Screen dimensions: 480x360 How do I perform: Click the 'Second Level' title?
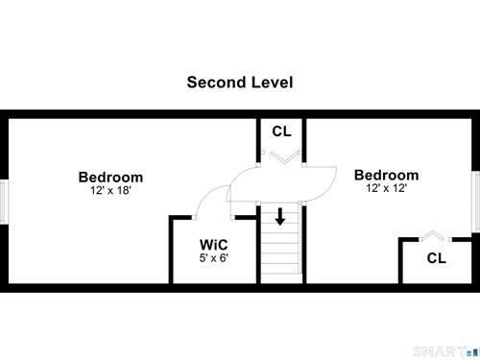click(x=240, y=83)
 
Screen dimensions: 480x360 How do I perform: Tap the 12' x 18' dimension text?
click(x=110, y=190)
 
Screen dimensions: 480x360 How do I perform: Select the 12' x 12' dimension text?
click(x=387, y=188)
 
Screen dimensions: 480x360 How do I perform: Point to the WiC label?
click(x=213, y=245)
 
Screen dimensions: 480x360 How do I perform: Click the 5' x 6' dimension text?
click(x=213, y=257)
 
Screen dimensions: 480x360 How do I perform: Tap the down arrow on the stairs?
click(x=280, y=217)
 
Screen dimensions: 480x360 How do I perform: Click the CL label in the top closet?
click(x=281, y=132)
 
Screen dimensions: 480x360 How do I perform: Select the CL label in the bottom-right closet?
click(x=437, y=258)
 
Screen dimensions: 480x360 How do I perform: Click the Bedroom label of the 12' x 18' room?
click(x=110, y=178)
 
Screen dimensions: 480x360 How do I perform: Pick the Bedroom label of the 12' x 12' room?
click(x=387, y=175)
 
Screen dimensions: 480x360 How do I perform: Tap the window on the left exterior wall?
click(x=4, y=202)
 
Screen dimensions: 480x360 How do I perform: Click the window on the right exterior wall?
click(x=476, y=201)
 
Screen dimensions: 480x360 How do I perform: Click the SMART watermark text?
click(x=440, y=351)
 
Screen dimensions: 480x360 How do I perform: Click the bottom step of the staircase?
click(x=280, y=278)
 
